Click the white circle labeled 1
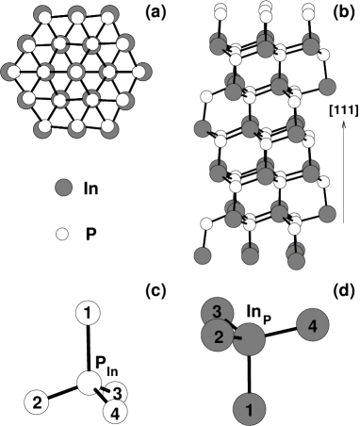88,311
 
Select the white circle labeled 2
36,402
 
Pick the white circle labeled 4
114,411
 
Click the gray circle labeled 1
248,409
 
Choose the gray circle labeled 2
218,336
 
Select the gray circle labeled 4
312,325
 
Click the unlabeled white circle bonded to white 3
89,382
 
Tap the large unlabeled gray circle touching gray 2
249,339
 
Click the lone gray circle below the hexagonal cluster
63,188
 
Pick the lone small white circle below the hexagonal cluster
62,234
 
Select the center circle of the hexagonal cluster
69,72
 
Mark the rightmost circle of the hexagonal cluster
141,72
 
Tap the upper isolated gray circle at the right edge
327,88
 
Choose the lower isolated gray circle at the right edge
327,214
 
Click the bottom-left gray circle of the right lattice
202,255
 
